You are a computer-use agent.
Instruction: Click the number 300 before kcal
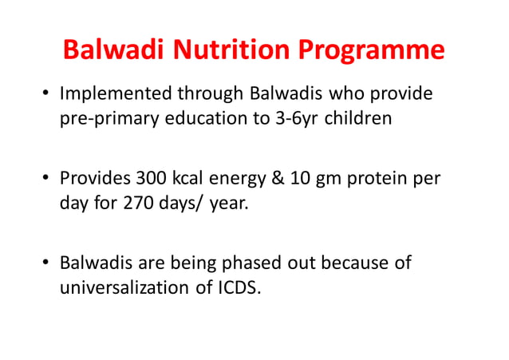[151, 178]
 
